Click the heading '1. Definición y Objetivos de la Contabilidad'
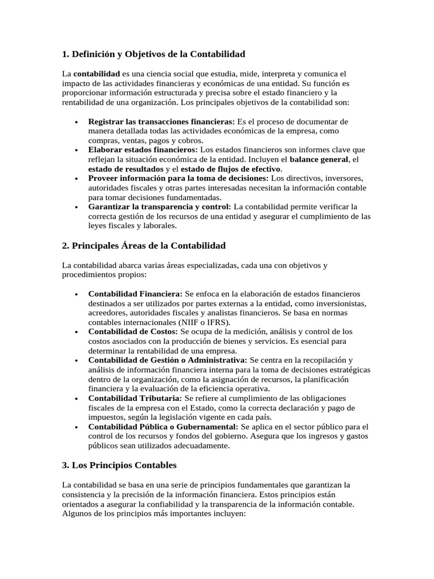pos(153,54)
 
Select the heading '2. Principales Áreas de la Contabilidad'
pos(144,245)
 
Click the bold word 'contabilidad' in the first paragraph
pos(97,74)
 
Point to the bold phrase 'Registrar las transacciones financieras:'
pos(161,122)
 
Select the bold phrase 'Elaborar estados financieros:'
pos(143,150)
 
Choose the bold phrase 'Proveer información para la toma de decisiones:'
pos(179,179)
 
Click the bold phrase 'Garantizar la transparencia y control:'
pos(159,207)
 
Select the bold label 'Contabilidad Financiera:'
pos(135,294)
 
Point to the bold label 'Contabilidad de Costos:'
pos(133,332)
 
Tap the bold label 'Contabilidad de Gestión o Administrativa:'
pos(167,360)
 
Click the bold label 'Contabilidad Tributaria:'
pos(134,398)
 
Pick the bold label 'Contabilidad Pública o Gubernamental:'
pos(163,426)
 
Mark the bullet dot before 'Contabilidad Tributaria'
pos(76,399)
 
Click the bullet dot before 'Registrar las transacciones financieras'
pos(76,122)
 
